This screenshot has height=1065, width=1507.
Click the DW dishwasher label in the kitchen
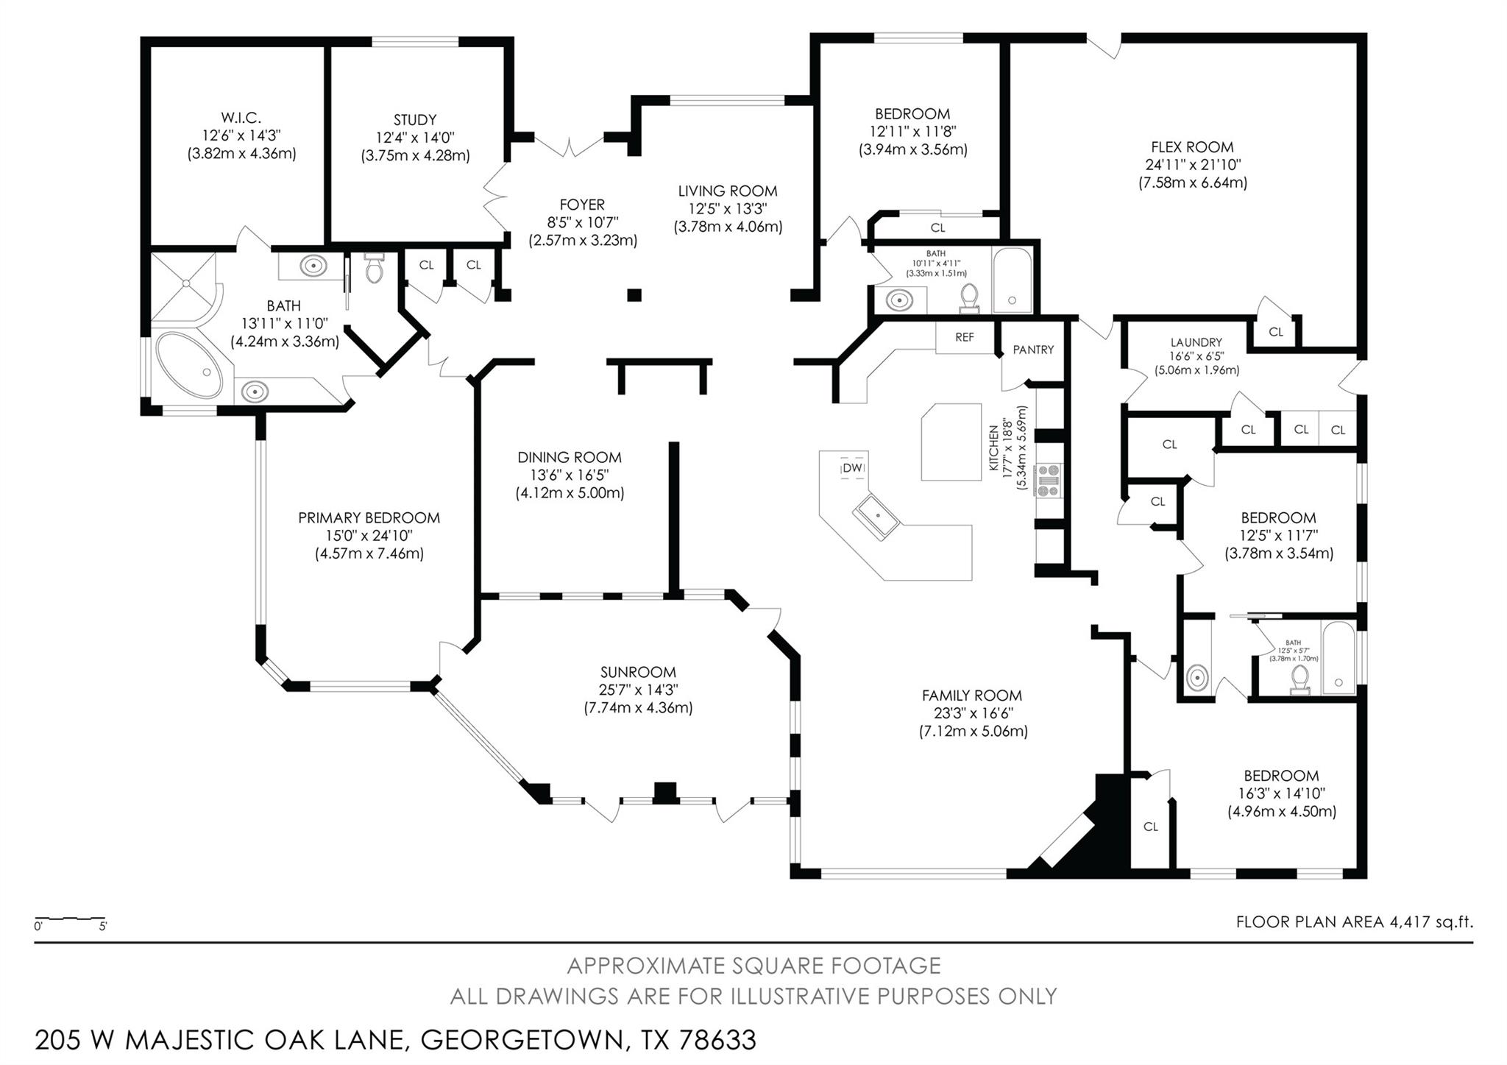853,468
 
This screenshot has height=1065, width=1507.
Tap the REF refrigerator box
964,337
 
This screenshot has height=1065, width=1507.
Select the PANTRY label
1033,350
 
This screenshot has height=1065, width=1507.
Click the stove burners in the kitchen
1048,480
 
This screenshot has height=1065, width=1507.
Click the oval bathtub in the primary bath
190,366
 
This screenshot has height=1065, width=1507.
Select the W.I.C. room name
241,118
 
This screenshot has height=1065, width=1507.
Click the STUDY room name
415,119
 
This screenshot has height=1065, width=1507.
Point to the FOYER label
582,205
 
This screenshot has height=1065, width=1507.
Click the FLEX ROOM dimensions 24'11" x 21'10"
1192,165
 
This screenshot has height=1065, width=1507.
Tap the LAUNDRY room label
1196,342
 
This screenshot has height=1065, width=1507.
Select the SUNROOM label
638,672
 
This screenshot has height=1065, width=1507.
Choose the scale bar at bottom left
70,921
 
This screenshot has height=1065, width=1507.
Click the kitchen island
951,441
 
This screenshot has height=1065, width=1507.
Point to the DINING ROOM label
569,457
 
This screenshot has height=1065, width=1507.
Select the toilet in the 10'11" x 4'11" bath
969,296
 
